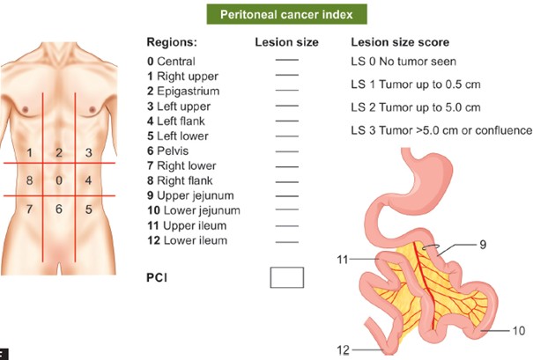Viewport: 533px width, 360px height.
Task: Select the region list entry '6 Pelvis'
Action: [169, 151]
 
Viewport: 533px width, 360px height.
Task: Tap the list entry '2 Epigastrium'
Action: [182, 91]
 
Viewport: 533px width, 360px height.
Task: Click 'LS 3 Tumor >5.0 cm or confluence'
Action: [440, 130]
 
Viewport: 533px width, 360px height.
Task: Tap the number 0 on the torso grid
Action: [59, 180]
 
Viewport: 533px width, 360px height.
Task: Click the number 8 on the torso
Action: [30, 180]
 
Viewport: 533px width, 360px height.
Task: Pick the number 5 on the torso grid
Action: [88, 209]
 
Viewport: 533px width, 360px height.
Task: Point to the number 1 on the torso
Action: [30, 153]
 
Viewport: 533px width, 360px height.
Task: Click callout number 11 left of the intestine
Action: [344, 260]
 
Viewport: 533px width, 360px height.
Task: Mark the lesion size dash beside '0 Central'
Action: [287, 62]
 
